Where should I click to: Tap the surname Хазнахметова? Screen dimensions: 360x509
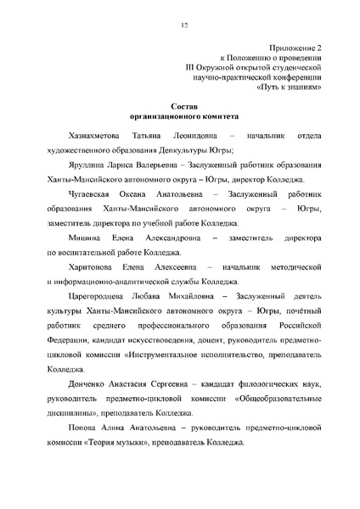click(x=83, y=136)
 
